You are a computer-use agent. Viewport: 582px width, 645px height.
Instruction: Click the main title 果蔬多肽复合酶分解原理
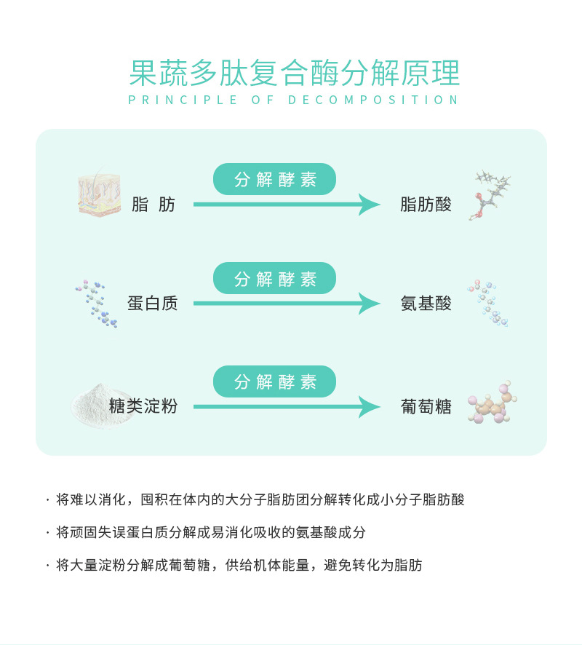tap(294, 73)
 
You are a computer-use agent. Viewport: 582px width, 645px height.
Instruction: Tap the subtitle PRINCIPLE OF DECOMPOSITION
tap(294, 100)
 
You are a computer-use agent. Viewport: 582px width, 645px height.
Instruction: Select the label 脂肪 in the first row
tap(154, 205)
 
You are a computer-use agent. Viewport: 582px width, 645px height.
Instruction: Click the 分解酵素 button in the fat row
tap(274, 179)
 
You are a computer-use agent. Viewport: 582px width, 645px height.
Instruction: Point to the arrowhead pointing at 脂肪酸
tap(370, 205)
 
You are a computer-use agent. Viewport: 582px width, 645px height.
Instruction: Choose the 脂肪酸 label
tap(426, 205)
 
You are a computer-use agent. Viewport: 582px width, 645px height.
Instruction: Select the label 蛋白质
tap(152, 304)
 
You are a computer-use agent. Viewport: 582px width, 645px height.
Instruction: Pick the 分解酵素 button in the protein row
tap(274, 278)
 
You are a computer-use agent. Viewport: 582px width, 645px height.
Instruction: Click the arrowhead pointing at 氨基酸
tap(370, 304)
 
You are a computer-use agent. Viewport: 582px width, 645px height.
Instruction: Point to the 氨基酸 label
tap(426, 304)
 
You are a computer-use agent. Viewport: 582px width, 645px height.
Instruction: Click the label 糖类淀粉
tap(143, 406)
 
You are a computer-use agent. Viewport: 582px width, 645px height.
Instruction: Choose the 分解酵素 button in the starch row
tap(274, 381)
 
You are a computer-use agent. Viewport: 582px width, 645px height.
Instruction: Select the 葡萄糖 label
tap(426, 406)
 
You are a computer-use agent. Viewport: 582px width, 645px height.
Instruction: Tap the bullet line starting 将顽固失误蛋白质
tap(210, 532)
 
